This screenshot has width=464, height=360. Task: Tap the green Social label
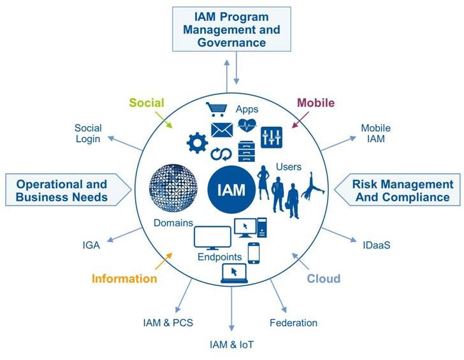(147, 103)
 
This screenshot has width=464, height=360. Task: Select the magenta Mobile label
(316, 103)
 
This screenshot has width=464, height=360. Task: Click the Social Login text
(88, 133)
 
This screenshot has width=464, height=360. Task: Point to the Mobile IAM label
(375, 133)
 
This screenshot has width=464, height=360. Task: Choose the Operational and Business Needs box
(62, 191)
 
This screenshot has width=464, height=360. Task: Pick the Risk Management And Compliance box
(402, 191)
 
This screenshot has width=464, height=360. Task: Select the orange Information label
(124, 278)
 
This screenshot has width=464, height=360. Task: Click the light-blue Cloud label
(324, 278)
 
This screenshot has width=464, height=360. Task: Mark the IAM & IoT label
(232, 345)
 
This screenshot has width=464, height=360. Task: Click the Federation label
(293, 323)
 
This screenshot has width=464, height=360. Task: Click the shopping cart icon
(216, 110)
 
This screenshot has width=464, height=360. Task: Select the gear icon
(196, 143)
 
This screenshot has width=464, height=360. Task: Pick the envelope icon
(223, 131)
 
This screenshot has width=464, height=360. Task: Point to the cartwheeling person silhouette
(314, 189)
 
